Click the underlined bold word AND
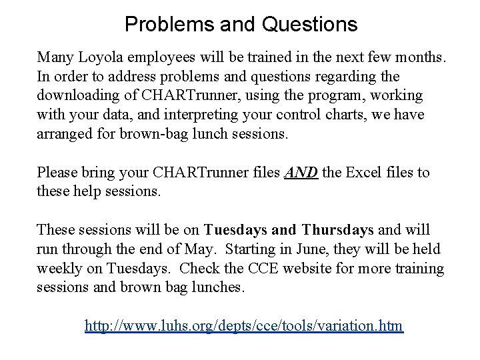(x=301, y=173)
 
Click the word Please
(x=59, y=173)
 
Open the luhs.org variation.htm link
(x=244, y=326)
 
